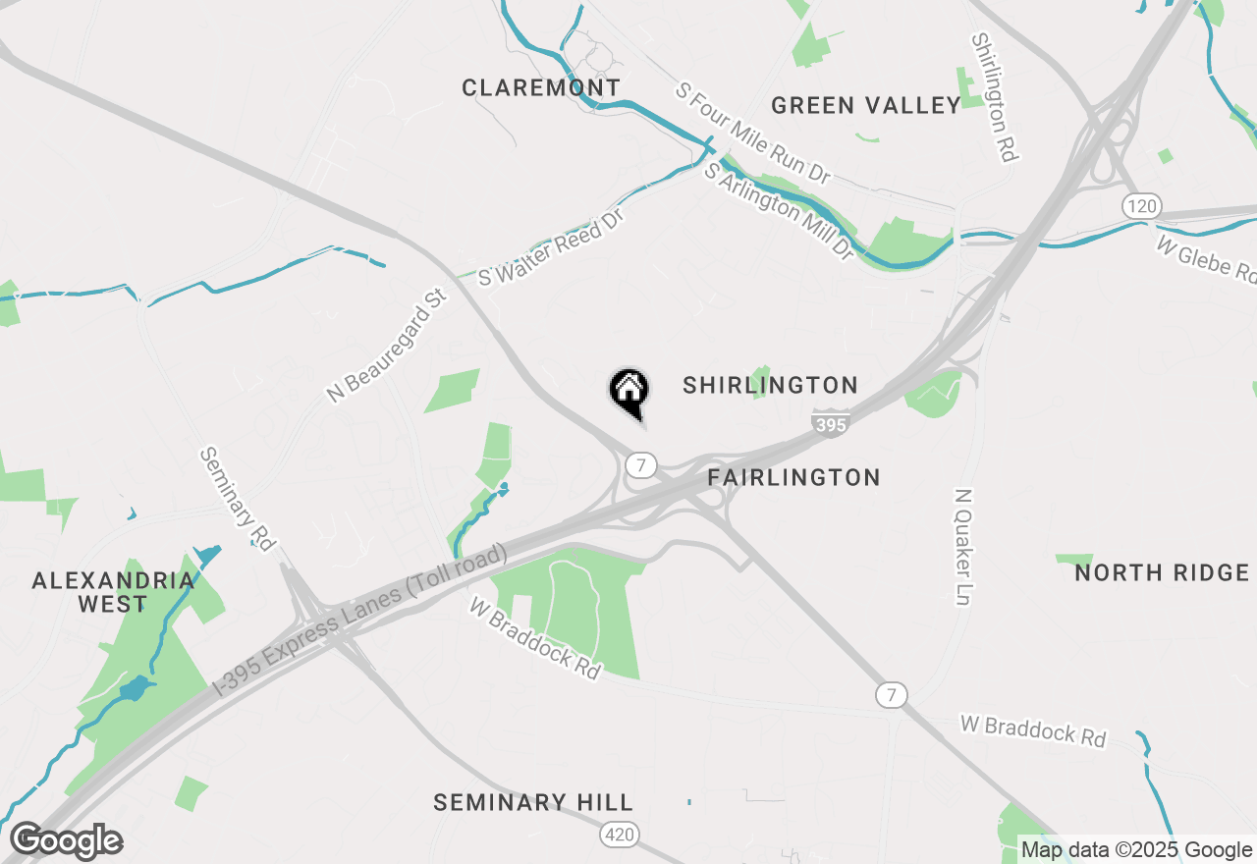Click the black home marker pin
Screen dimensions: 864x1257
(628, 391)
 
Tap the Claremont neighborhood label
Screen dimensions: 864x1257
(541, 88)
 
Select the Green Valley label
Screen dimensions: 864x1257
(865, 106)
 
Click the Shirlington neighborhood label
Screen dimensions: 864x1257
(770, 385)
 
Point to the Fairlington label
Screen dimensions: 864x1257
(793, 478)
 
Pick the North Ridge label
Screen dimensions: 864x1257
(1162, 572)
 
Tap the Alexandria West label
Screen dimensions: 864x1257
(113, 592)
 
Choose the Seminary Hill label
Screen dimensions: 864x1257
(533, 803)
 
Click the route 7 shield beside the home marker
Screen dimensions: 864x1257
(641, 465)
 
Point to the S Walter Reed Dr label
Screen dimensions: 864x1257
(551, 246)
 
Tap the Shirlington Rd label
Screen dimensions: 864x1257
(995, 97)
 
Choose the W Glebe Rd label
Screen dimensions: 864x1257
(1205, 258)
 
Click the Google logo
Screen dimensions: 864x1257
(66, 841)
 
